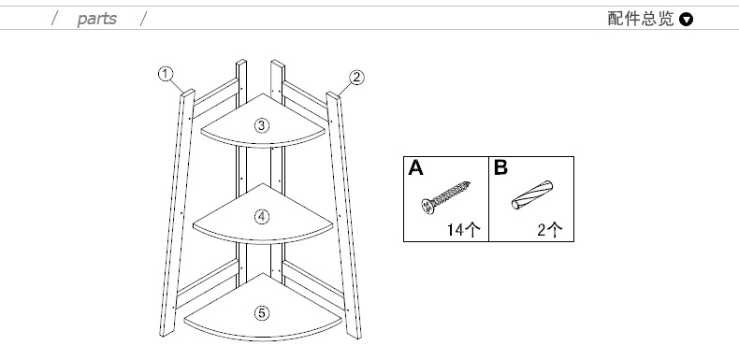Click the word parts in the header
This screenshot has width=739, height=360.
tap(96, 19)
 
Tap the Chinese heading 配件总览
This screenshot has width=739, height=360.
tap(641, 19)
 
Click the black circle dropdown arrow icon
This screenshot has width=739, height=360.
tap(687, 20)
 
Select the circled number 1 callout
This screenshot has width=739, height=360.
tap(166, 74)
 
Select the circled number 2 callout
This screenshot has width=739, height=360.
tap(356, 78)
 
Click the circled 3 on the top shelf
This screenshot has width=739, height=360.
tap(262, 125)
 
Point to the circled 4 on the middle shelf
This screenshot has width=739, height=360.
tap(262, 217)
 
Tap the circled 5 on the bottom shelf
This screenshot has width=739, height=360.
tap(262, 313)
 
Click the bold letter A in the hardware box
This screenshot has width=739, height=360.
tap(415, 167)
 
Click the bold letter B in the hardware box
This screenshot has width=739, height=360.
tap(500, 167)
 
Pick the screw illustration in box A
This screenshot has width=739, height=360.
tap(446, 197)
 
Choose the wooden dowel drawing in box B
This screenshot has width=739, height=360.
tap(532, 194)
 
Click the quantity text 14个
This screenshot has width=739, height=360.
tap(464, 229)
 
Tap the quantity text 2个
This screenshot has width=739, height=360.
tap(550, 229)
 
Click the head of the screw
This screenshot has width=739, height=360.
tap(427, 207)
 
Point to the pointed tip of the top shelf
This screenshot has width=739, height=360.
tap(263, 94)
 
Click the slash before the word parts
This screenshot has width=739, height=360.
tap(54, 19)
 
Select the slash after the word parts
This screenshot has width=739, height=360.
tap(143, 19)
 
